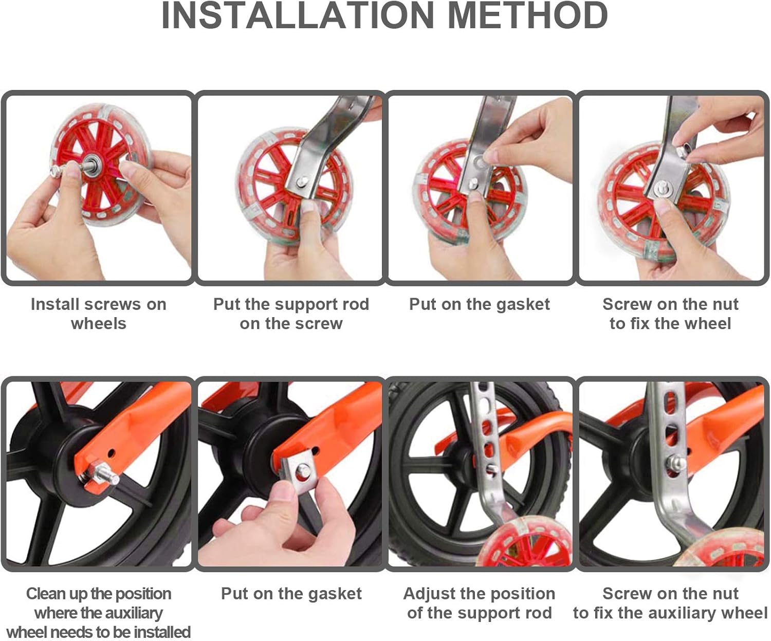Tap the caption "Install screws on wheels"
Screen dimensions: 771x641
(x=99, y=314)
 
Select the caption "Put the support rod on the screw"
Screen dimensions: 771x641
(x=291, y=314)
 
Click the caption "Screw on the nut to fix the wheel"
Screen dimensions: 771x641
(x=670, y=314)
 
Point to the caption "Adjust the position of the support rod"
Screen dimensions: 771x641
(x=479, y=603)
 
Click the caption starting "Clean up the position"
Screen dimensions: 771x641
(x=99, y=613)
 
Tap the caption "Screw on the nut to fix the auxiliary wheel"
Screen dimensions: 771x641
(x=670, y=603)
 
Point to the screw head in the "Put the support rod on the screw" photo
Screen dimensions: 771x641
(x=303, y=181)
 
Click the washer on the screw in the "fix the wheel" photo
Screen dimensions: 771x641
(x=664, y=190)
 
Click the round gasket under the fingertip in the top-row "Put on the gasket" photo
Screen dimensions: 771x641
(x=481, y=162)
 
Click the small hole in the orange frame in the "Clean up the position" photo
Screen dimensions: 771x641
(x=112, y=453)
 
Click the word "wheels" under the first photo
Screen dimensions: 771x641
(x=99, y=323)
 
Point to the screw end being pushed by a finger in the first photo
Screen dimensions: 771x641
(x=56, y=170)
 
